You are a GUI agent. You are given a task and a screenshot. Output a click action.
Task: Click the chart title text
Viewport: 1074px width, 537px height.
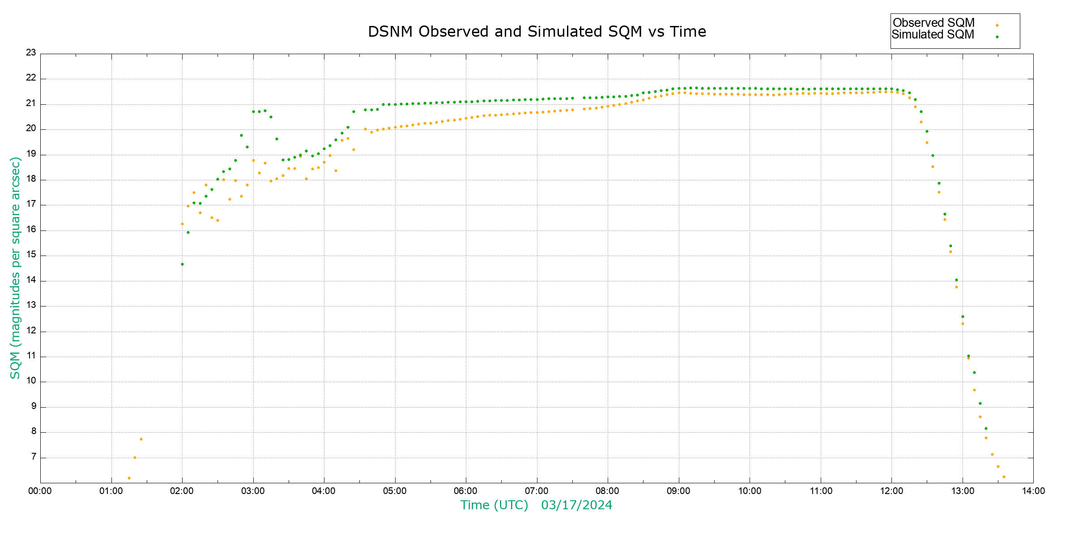tap(537, 32)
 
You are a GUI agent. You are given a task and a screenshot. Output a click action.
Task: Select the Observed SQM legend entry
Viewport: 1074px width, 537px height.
tap(933, 23)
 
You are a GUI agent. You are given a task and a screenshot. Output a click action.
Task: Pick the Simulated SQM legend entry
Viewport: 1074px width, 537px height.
tap(933, 34)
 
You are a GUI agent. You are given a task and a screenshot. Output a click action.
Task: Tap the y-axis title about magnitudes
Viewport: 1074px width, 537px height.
tap(15, 268)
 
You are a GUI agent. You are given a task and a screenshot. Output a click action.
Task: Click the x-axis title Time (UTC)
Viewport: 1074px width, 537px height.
tap(494, 505)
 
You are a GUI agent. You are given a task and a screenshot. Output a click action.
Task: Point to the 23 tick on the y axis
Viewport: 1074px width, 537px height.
tap(31, 53)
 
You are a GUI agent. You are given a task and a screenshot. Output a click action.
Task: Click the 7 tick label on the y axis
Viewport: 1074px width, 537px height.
tap(34, 457)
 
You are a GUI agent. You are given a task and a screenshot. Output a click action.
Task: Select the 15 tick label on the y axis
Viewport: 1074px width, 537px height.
tap(31, 255)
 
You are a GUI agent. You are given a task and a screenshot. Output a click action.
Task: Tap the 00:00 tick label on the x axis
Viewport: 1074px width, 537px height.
tap(40, 491)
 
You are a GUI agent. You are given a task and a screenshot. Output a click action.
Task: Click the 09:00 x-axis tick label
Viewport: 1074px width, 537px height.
tap(679, 491)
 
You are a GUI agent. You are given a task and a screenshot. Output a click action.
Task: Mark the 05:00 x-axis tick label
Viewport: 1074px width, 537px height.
tap(395, 491)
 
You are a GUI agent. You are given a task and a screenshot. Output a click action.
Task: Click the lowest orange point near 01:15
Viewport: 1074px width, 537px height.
tap(129, 478)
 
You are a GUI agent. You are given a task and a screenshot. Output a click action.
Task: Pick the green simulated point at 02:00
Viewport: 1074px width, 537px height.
tap(182, 264)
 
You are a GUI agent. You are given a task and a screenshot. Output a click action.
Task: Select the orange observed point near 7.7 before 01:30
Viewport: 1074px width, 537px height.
tap(141, 439)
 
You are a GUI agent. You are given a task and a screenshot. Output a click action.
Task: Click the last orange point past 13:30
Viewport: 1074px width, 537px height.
tap(1004, 477)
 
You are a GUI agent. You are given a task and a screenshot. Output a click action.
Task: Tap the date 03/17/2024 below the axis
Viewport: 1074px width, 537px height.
tap(576, 505)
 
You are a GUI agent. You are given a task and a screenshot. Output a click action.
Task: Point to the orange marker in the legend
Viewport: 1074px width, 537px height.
tap(997, 26)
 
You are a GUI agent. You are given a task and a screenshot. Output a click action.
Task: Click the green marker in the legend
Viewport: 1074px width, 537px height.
tap(997, 37)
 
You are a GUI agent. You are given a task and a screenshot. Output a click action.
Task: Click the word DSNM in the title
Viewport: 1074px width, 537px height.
tap(390, 32)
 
